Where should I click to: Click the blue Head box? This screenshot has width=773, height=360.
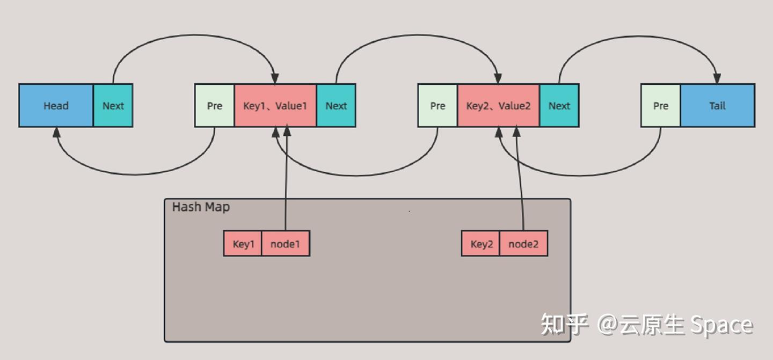tap(56, 106)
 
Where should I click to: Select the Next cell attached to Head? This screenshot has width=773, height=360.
tap(113, 106)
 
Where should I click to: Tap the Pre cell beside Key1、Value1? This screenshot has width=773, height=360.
tap(215, 106)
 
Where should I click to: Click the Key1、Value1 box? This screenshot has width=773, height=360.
tap(275, 106)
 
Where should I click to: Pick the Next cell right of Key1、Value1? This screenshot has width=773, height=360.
tap(336, 106)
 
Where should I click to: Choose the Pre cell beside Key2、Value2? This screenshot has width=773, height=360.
tap(437, 106)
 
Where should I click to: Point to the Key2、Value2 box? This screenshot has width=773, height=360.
tap(498, 106)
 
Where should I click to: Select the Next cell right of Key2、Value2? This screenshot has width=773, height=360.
tap(559, 106)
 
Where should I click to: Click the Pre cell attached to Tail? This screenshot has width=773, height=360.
tap(661, 106)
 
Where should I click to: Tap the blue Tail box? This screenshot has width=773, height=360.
tap(717, 106)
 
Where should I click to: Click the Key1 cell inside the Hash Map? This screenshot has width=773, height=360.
tap(243, 244)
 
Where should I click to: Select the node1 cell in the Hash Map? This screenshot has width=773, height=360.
tap(286, 244)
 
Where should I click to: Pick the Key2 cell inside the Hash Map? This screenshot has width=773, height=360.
tap(481, 244)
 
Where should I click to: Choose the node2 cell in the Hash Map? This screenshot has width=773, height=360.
tap(523, 244)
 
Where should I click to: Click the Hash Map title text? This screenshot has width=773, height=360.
tap(201, 207)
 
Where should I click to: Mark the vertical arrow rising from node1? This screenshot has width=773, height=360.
tap(286, 182)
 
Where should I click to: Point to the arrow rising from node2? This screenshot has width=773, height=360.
tap(520, 182)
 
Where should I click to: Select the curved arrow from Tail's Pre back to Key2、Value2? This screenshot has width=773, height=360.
tap(580, 175)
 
